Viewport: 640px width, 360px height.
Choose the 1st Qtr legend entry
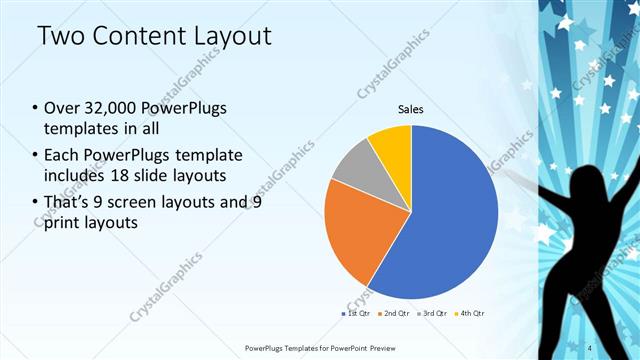[356, 314]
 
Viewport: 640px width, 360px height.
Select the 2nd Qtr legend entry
[395, 314]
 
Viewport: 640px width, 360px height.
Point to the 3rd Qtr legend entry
[435, 314]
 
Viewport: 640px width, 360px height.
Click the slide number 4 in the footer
[618, 347]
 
